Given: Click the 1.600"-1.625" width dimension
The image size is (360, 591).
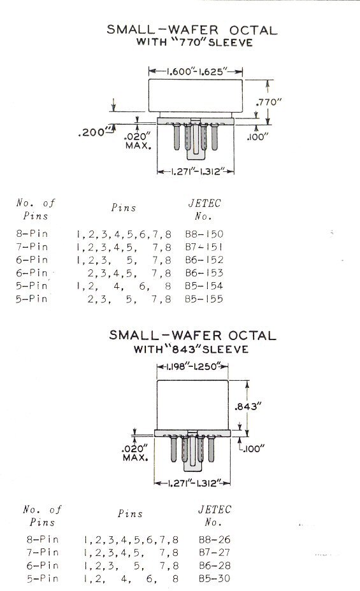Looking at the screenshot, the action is coord(195,71).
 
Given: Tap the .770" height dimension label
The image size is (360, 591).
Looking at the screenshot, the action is coord(269,102).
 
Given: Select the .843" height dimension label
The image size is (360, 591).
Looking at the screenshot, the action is coord(248,406).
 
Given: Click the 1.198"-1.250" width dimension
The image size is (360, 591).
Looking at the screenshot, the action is coord(192,366).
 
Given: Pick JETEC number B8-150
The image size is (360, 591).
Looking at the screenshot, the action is coord(205,234).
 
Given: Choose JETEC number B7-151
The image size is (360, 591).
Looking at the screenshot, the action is coord(205,247).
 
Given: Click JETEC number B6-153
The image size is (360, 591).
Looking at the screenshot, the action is coord(205,273).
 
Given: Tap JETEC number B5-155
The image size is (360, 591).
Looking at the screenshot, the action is coord(205,299).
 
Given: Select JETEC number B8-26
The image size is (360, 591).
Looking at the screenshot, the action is coord(215,540).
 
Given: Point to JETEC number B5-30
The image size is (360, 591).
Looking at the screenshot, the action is coord(215,578).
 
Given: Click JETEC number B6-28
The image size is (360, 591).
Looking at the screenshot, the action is coord(215,566).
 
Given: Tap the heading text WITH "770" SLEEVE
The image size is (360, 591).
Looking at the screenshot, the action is coord(194,42).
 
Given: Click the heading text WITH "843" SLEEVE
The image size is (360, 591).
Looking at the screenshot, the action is coord(191,349).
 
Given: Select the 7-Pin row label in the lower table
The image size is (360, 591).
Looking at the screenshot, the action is coord(43,553).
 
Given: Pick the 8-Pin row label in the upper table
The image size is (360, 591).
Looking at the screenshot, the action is coord(32,234).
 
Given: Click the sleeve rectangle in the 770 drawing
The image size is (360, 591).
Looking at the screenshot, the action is coord(195,96).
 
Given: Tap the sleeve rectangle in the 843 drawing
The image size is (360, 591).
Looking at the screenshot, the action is coord(192,404).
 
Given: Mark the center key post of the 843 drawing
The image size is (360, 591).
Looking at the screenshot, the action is coord(192,453).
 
